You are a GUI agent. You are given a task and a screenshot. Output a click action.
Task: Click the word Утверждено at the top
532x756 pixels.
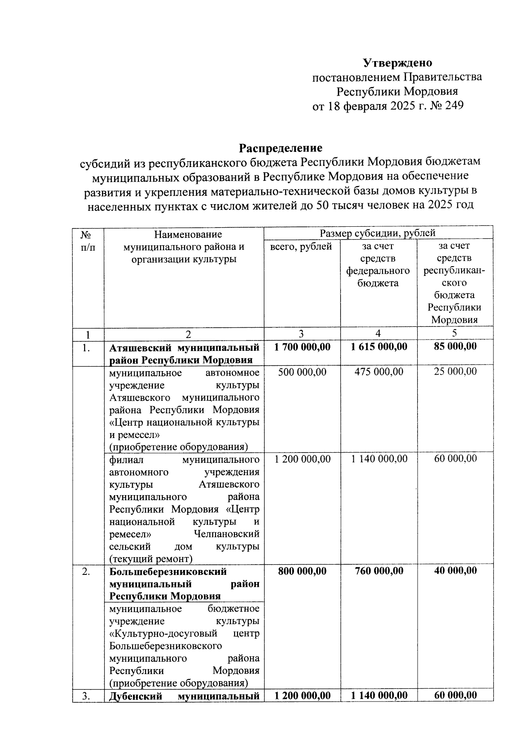398,63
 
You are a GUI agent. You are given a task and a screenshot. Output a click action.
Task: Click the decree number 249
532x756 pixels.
453,106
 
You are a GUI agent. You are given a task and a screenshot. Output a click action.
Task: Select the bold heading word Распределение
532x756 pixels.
281,147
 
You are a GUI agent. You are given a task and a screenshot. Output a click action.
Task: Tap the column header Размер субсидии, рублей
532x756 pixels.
378,233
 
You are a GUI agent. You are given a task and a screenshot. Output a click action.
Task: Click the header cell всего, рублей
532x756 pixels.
301,246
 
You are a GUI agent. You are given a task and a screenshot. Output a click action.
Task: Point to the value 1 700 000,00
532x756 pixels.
302,347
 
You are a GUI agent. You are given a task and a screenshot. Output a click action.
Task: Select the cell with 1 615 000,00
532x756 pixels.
379,347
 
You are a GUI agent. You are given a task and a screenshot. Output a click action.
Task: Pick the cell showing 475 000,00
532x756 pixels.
379,372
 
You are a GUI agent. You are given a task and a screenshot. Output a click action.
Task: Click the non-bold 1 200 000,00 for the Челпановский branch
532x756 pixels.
302,459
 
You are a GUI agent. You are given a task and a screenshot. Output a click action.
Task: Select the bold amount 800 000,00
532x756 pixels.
302,571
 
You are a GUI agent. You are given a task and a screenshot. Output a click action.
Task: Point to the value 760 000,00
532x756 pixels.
379,571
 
